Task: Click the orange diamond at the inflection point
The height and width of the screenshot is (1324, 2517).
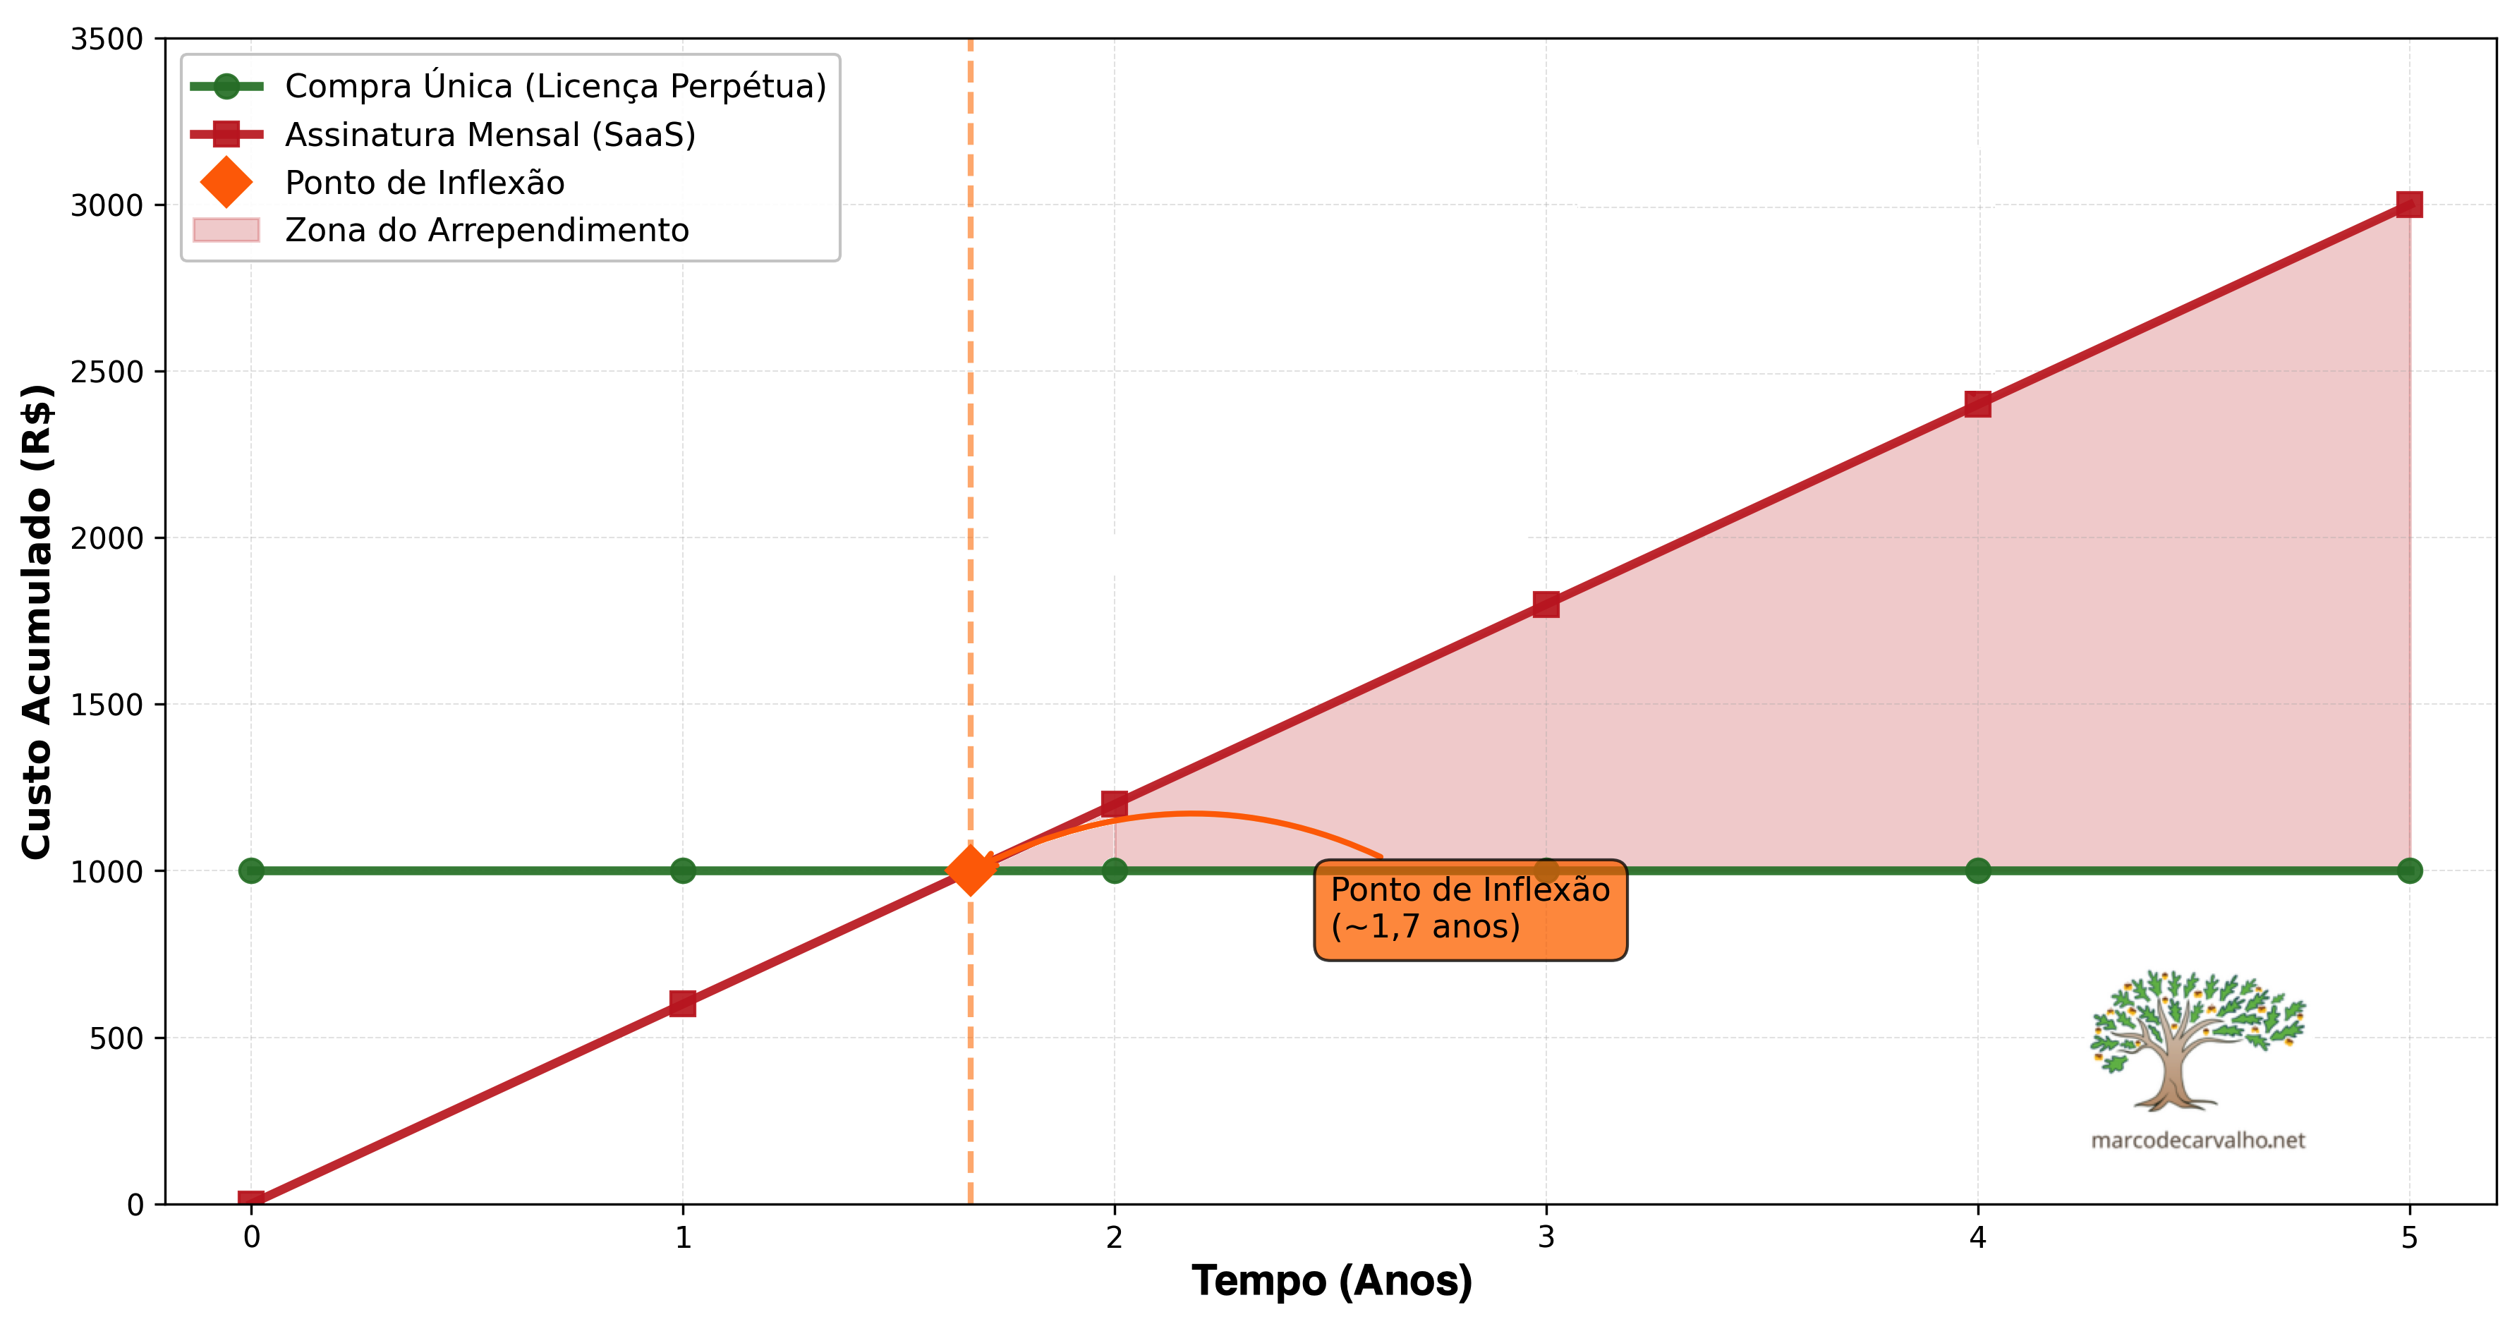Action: pyautogui.click(x=970, y=870)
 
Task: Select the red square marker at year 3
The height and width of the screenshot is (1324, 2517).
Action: pyautogui.click(x=1546, y=604)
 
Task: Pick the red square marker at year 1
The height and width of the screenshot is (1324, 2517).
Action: pyautogui.click(x=683, y=1004)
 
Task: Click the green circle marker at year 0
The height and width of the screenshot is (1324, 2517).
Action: pyautogui.click(x=251, y=870)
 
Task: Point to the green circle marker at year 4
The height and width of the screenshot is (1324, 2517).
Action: pyautogui.click(x=1977, y=870)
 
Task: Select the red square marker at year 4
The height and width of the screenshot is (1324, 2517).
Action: pyautogui.click(x=1977, y=403)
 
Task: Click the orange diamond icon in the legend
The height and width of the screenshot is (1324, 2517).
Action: pyautogui.click(x=226, y=183)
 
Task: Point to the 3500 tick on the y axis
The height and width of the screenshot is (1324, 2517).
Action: pyautogui.click(x=107, y=39)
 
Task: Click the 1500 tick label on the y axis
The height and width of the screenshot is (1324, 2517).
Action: pyautogui.click(x=107, y=705)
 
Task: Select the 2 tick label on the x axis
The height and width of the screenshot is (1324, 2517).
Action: pyautogui.click(x=1114, y=1238)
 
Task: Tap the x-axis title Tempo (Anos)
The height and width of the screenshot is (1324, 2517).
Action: pyautogui.click(x=1332, y=1281)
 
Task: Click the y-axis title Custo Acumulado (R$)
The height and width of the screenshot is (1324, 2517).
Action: pyautogui.click(x=37, y=621)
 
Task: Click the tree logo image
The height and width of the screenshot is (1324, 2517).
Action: pyautogui.click(x=2197, y=1040)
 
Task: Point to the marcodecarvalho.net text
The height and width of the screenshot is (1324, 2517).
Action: pyautogui.click(x=2197, y=1141)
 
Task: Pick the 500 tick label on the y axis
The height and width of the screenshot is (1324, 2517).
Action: pyautogui.click(x=115, y=1038)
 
